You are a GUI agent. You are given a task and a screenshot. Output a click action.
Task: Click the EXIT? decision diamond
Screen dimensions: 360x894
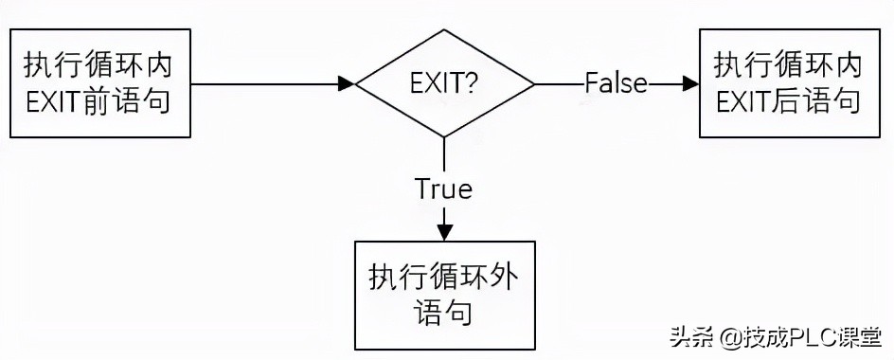[x=443, y=84]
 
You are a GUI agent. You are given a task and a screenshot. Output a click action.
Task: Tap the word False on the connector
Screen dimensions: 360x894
[x=616, y=83]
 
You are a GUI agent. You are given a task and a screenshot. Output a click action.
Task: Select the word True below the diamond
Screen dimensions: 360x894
[x=443, y=189]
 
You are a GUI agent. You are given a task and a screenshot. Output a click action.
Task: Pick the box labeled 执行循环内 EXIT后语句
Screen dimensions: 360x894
[x=788, y=82]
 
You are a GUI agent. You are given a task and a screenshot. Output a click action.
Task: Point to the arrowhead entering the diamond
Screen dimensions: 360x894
[x=348, y=84]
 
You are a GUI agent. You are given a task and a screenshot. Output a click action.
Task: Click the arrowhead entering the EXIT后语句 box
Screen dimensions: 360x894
[x=689, y=83]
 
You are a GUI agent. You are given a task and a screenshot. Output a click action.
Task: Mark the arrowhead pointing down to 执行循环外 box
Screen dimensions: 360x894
[x=443, y=232]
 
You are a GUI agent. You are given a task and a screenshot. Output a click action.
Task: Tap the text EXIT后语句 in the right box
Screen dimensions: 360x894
[x=788, y=100]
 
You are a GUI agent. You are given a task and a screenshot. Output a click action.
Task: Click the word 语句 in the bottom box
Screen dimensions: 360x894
[x=443, y=312]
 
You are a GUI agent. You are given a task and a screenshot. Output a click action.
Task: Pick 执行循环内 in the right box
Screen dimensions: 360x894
[x=788, y=65]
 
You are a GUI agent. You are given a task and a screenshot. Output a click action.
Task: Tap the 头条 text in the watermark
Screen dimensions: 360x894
[x=691, y=337]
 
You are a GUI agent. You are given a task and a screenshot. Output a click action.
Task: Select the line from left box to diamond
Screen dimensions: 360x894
[x=265, y=84]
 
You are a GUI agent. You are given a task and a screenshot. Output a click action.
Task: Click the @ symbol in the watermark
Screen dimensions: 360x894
[x=727, y=338]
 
